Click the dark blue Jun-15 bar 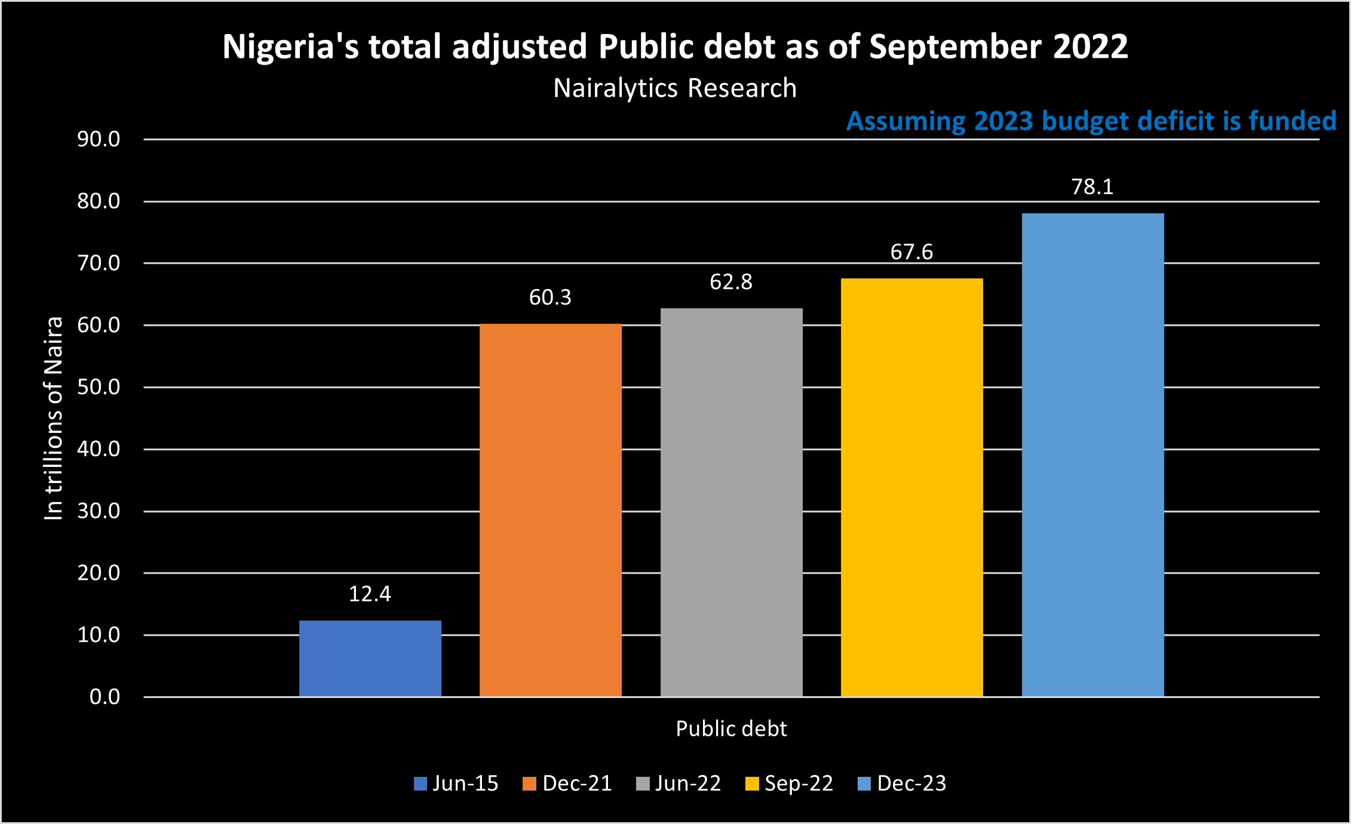(370, 658)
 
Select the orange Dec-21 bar (551, 510)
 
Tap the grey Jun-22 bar (731, 502)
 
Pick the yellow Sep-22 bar (912, 487)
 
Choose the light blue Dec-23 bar (1092, 455)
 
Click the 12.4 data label (370, 594)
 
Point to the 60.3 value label (550, 297)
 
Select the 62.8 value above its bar (731, 282)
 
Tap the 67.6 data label (911, 252)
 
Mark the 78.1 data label (1092, 187)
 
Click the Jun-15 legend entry (456, 783)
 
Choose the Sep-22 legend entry (790, 783)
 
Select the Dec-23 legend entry (902, 783)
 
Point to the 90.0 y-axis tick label (99, 139)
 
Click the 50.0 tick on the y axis (99, 387)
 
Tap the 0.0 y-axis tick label (105, 697)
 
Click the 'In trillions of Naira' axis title (54, 418)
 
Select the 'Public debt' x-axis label (731, 729)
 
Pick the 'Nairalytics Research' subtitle (675, 88)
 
